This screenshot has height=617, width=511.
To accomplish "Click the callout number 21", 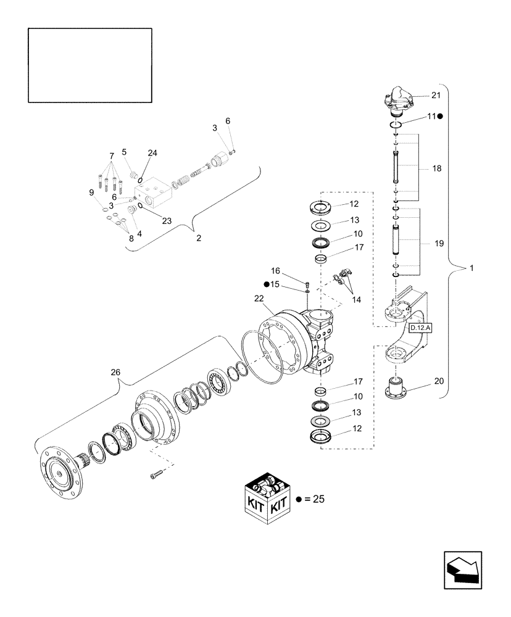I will point(436,95).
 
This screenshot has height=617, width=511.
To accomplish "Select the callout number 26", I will point(116,372).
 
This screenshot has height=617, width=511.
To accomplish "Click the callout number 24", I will point(152,153).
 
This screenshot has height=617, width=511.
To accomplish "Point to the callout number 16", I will point(275,270).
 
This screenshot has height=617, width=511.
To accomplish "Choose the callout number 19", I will point(439,244).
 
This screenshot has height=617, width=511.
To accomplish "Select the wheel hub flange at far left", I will point(62,468).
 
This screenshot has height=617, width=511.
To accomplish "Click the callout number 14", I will point(357,299).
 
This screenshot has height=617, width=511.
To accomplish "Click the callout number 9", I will point(92,193).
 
